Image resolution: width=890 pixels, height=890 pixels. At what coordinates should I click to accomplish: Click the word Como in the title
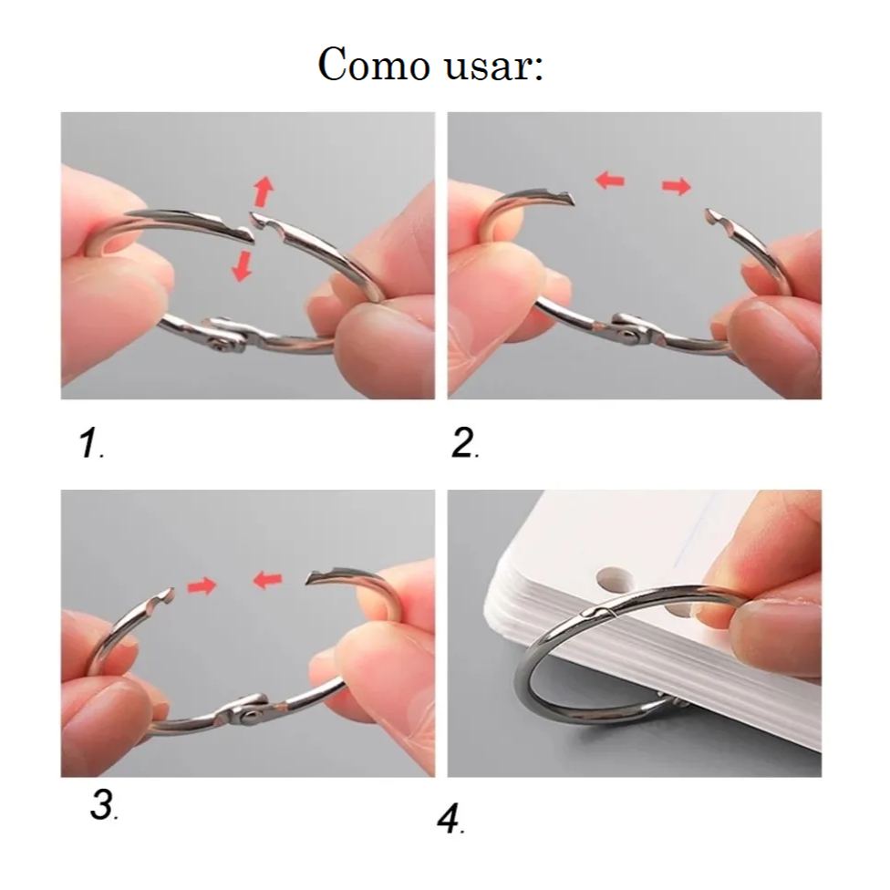(373, 64)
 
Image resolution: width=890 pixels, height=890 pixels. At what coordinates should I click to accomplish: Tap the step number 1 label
(91, 443)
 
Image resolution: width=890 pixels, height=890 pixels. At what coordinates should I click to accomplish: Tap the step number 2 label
(464, 443)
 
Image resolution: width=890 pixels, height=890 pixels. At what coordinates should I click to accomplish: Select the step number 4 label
(450, 820)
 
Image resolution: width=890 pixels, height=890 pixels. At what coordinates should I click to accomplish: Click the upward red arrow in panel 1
(264, 191)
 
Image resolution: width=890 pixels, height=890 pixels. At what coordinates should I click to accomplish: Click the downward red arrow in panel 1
(243, 266)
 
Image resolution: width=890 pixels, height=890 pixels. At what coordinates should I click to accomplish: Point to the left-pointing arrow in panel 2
(610, 181)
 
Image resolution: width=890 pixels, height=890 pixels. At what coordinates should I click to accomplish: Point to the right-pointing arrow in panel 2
(677, 186)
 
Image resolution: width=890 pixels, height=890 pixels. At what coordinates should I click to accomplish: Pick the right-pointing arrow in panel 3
(202, 585)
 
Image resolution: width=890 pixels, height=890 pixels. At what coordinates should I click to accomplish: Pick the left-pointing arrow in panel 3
(267, 580)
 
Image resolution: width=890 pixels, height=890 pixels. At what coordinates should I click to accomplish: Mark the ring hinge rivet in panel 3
(248, 717)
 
